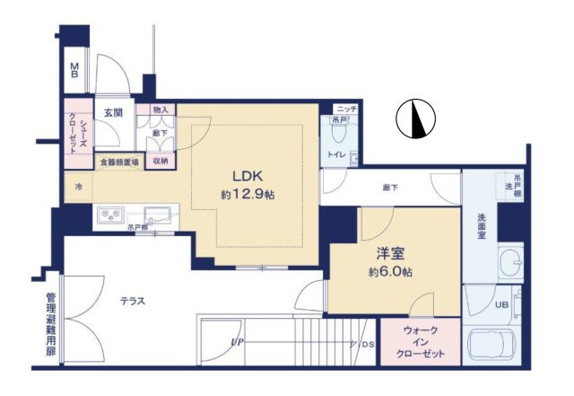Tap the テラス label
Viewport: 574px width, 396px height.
[x=133, y=301]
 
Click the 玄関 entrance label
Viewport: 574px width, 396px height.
[x=113, y=113]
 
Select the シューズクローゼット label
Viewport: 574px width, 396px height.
[x=78, y=133]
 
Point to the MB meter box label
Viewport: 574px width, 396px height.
[x=76, y=70]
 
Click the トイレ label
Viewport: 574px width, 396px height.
[x=336, y=154]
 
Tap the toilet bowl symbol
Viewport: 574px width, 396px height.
[x=339, y=135]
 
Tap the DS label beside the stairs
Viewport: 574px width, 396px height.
[x=369, y=343]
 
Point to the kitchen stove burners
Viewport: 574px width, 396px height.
[x=112, y=216]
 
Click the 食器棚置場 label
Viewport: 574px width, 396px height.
[x=118, y=163]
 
